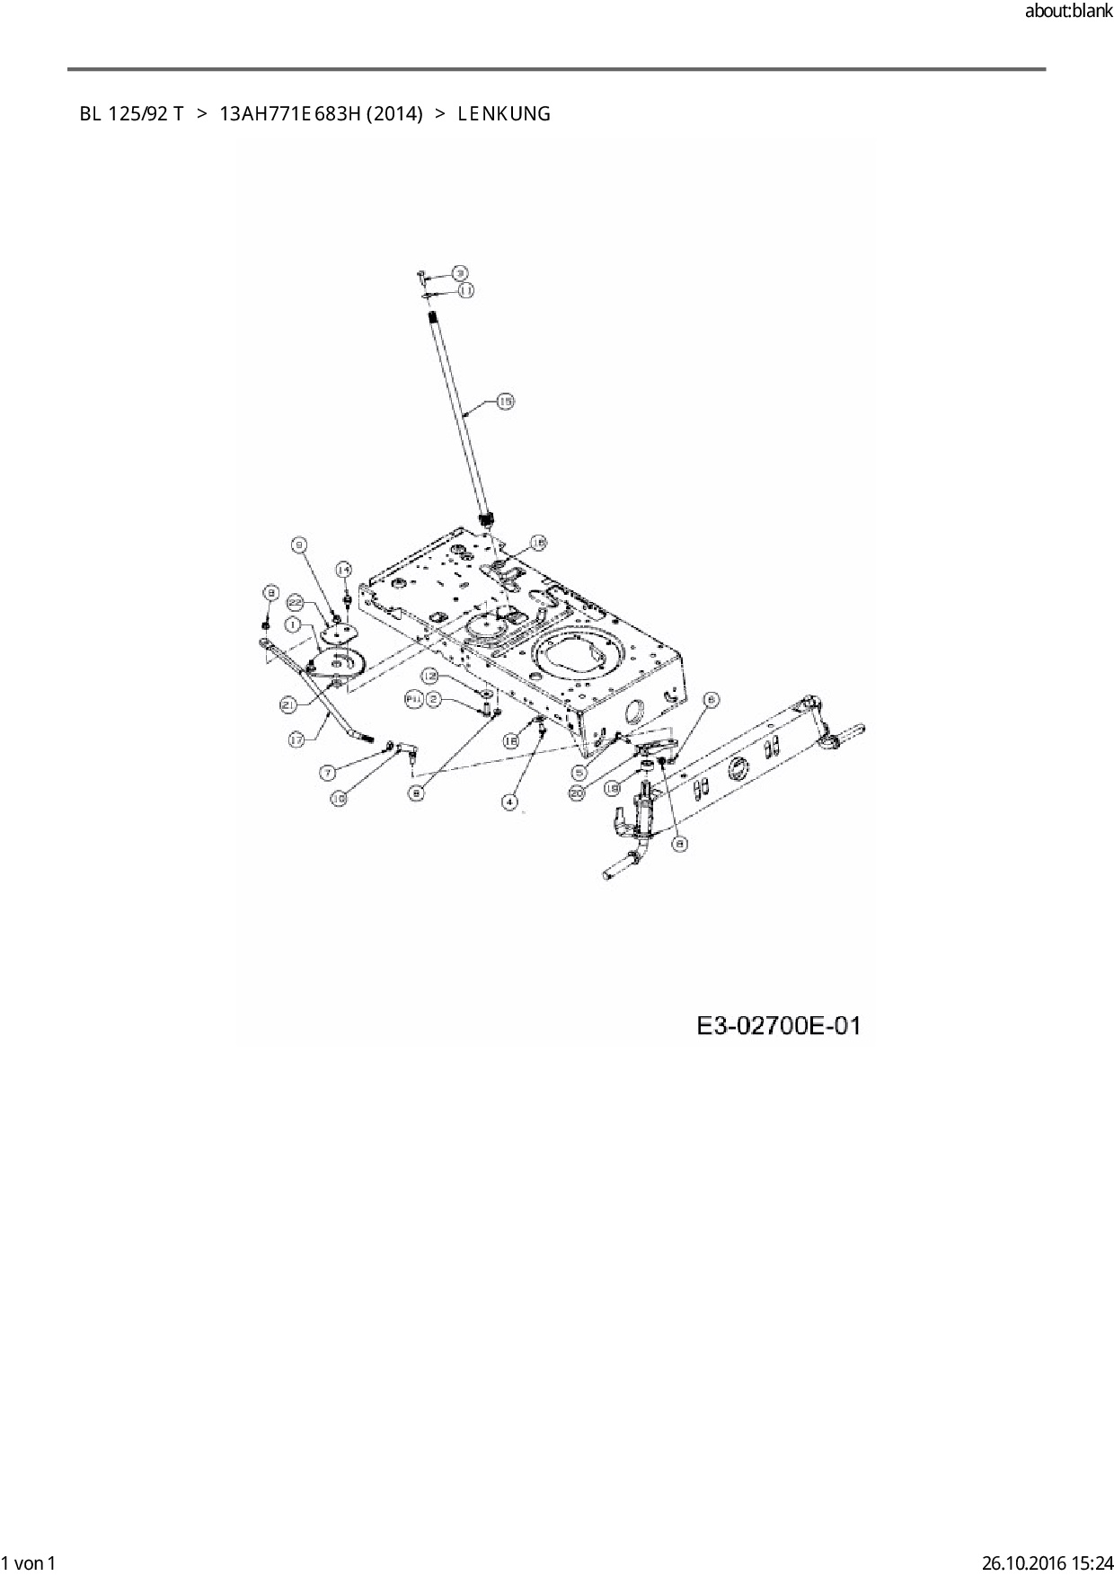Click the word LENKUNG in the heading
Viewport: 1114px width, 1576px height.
[x=503, y=114]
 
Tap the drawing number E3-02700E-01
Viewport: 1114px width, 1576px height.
[x=779, y=1025]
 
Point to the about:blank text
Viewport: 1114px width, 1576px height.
[x=1068, y=13]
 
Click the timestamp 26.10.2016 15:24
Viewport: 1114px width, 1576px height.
[x=1046, y=1563]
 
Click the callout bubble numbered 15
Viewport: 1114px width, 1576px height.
[x=506, y=402]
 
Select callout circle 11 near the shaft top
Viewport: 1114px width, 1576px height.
[x=466, y=290]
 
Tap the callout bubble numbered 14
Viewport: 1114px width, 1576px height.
[x=344, y=570]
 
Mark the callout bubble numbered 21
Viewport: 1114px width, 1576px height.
[x=289, y=705]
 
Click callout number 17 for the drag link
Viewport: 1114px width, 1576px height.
[x=297, y=739]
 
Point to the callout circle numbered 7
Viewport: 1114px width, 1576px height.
[x=330, y=772]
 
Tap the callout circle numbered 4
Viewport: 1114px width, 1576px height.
[x=510, y=801]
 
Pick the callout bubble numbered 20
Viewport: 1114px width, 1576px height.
[x=577, y=792]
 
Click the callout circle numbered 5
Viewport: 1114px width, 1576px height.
[x=579, y=772]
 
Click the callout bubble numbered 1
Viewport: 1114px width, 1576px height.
[x=294, y=623]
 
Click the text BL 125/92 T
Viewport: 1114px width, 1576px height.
[x=131, y=114]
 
